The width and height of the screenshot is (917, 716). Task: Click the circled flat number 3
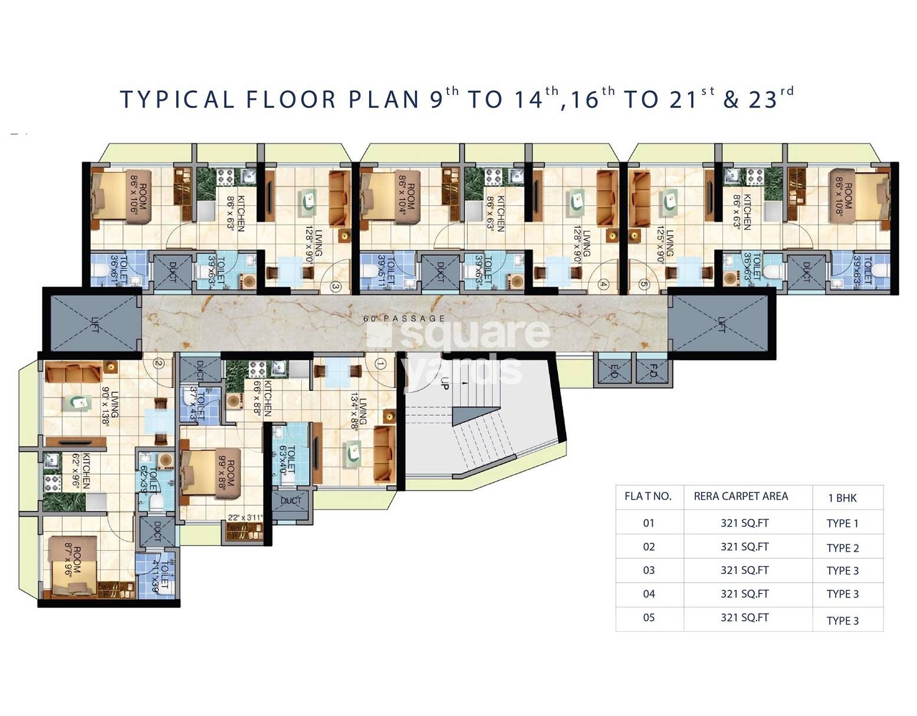(336, 287)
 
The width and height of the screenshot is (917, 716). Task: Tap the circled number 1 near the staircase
(380, 364)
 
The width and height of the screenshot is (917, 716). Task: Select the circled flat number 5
(643, 285)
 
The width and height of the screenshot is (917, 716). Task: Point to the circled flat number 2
(157, 363)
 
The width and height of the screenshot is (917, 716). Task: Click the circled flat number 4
(603, 284)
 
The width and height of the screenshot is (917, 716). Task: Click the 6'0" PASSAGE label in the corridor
(404, 318)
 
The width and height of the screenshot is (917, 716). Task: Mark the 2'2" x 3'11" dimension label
(245, 518)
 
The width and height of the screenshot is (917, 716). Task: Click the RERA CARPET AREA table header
(741, 497)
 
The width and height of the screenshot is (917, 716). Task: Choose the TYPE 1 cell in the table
(842, 524)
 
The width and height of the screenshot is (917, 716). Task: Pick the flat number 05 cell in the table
(649, 618)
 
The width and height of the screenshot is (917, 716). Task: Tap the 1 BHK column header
(842, 498)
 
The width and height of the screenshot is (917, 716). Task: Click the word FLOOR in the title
(291, 100)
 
